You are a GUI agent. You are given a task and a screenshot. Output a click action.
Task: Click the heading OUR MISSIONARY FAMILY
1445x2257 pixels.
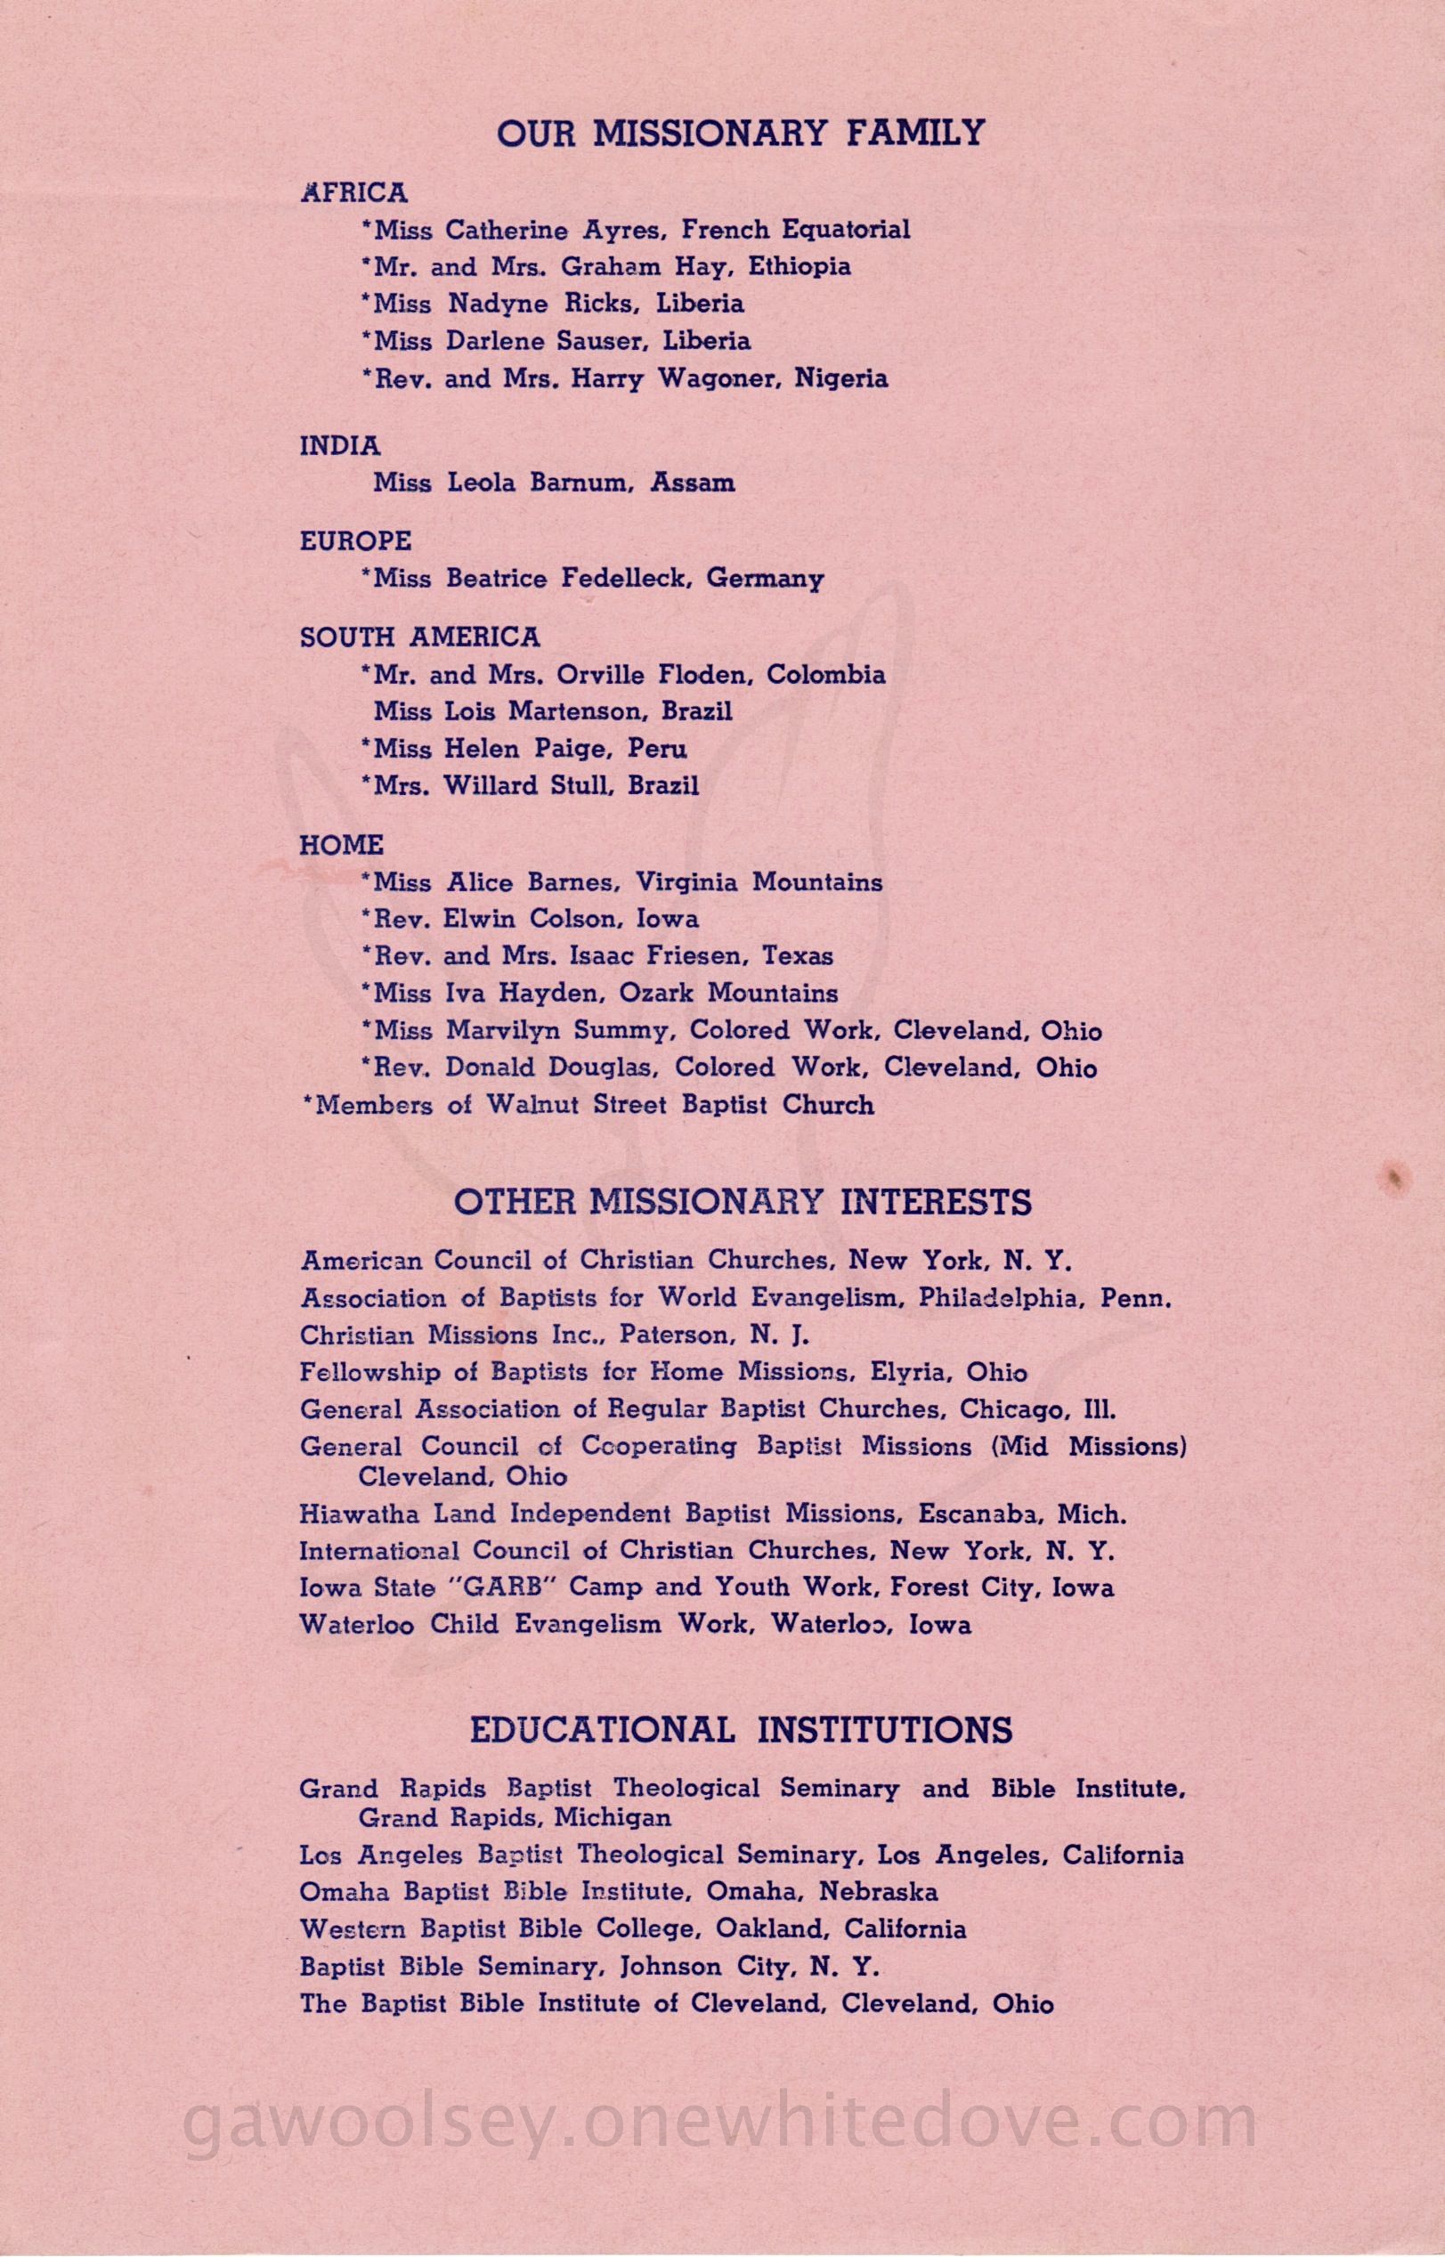click(741, 134)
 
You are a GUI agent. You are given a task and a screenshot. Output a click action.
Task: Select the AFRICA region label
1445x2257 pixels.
click(353, 193)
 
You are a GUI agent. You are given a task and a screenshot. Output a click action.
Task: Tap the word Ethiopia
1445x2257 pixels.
click(800, 266)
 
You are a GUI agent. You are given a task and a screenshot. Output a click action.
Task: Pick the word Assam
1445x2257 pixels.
click(693, 483)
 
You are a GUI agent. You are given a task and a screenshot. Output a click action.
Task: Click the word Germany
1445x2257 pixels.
click(765, 579)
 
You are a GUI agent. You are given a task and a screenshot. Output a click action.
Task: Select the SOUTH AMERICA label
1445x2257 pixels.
click(419, 637)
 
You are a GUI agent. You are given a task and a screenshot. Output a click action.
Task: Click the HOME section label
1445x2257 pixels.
click(342, 845)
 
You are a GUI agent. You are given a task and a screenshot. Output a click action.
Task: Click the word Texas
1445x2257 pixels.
click(798, 956)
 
